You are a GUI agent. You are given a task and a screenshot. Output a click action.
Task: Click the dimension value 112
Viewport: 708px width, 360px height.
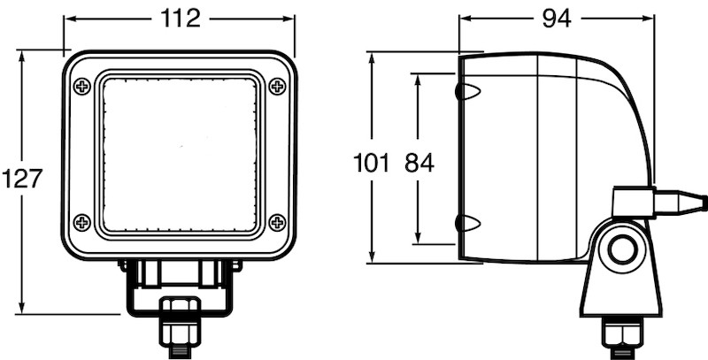coord(181,18)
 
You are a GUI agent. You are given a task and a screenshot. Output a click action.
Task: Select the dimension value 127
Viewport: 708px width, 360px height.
coord(22,179)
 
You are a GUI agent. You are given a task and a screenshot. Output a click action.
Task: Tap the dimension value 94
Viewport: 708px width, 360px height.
coord(555,18)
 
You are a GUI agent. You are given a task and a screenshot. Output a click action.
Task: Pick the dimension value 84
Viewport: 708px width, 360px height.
coord(419,163)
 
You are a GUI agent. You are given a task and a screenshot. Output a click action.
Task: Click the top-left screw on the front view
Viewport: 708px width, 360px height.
coord(81,86)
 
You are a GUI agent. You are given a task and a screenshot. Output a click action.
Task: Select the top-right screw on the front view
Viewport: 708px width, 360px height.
coord(277,86)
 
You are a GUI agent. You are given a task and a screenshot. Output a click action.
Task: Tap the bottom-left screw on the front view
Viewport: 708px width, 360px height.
coord(81,221)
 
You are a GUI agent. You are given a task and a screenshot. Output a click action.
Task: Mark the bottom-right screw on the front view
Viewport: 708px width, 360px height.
coord(277,221)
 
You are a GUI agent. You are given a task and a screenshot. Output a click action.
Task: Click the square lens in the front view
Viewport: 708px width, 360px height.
coord(181,154)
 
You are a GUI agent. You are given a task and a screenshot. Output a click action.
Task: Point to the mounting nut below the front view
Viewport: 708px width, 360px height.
coord(181,326)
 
